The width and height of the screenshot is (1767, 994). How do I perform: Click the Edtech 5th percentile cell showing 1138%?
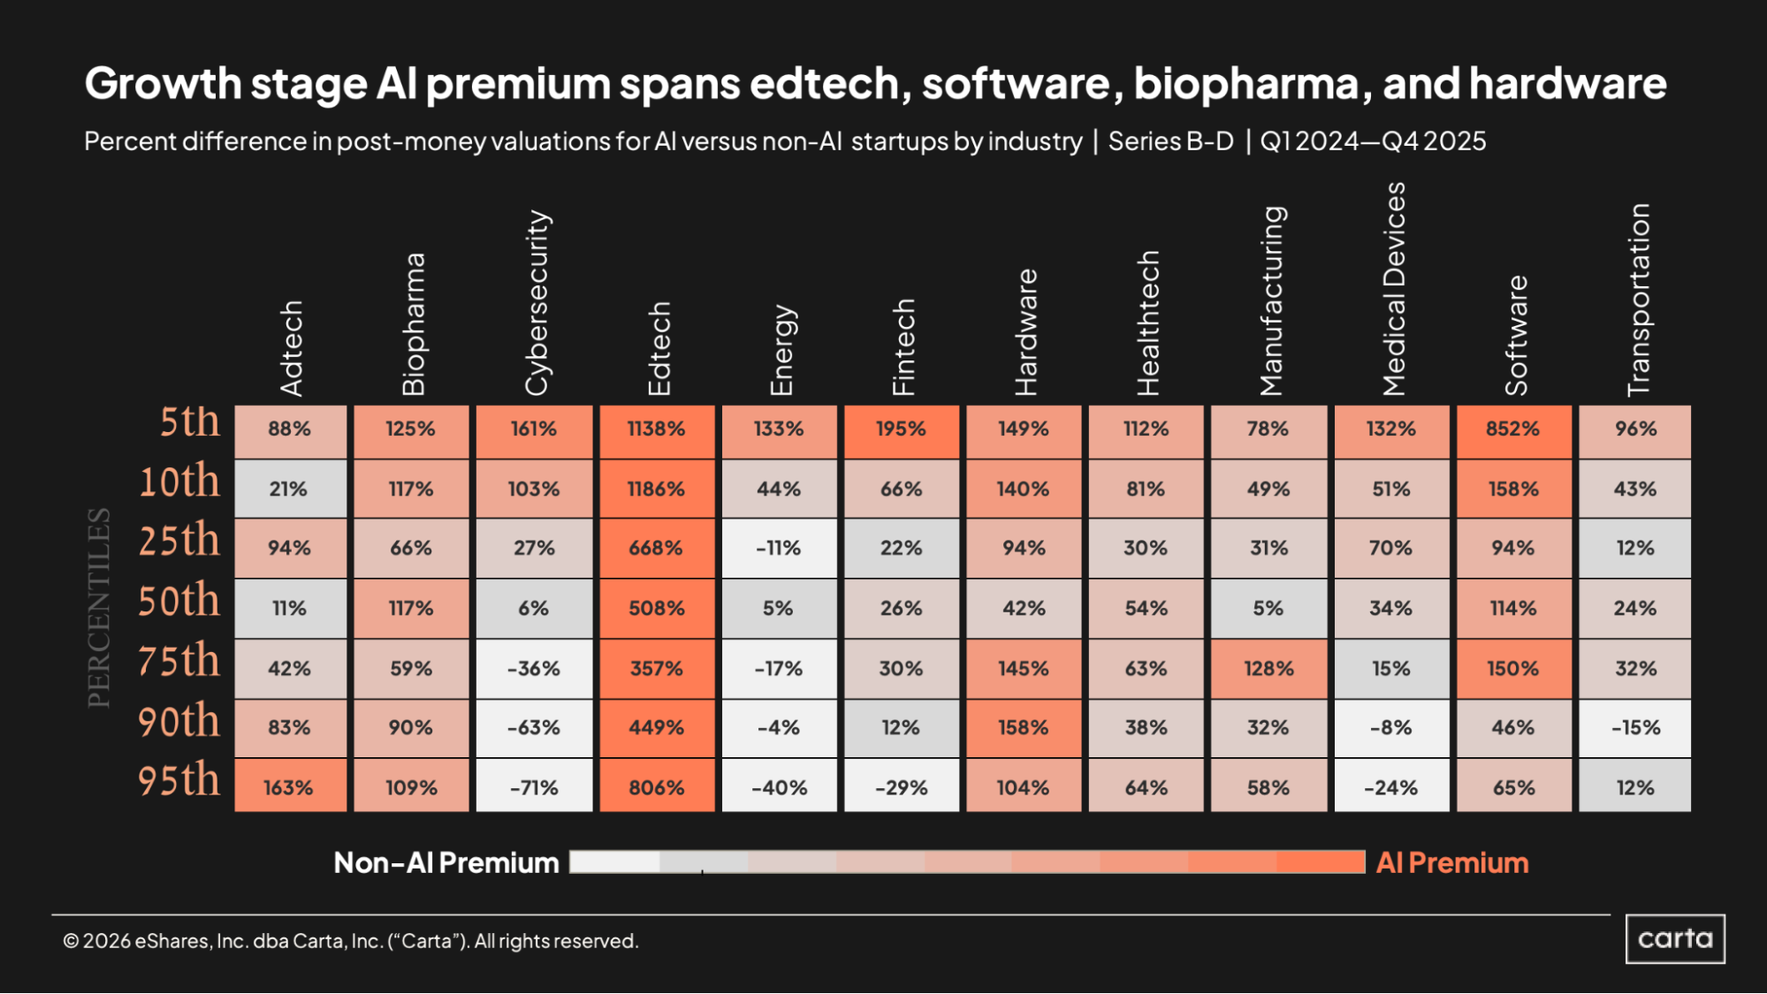(x=656, y=429)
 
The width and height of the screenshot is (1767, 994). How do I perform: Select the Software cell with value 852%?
(x=1512, y=429)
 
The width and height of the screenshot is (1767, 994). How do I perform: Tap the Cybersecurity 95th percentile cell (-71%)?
(x=534, y=787)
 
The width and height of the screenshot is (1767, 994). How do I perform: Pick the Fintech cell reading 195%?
(x=901, y=429)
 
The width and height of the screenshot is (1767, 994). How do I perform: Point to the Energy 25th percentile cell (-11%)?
(x=778, y=549)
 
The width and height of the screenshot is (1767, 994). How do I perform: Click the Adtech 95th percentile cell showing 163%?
(x=289, y=787)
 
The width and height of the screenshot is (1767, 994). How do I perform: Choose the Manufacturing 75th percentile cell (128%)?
(x=1268, y=669)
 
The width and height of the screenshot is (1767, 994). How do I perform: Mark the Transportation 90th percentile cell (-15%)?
(x=1635, y=728)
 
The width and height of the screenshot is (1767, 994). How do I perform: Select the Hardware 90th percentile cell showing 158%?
(x=1023, y=728)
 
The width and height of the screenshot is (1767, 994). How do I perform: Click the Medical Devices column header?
(x=1393, y=289)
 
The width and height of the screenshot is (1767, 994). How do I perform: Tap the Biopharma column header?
(x=413, y=324)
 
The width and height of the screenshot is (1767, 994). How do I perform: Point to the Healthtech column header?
(x=1147, y=322)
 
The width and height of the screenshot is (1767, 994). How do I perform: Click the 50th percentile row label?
(x=179, y=601)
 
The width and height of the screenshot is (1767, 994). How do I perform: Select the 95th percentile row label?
(x=179, y=780)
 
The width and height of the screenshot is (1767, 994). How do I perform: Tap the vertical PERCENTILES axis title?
(x=99, y=608)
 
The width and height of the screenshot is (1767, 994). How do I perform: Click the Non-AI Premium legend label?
(x=446, y=863)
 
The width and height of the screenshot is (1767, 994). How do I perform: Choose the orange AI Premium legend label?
(x=1452, y=863)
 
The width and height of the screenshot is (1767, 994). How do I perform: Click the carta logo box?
(x=1675, y=938)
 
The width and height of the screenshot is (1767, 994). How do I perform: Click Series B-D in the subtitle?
(x=1170, y=141)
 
